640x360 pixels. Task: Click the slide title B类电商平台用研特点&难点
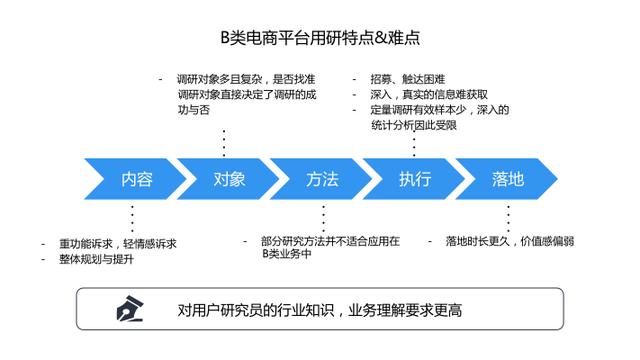click(320, 38)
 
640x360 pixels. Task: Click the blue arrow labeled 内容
click(135, 179)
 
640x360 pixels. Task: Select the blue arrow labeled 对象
click(228, 179)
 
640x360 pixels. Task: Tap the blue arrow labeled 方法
click(321, 179)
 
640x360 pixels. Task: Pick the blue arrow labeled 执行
click(413, 179)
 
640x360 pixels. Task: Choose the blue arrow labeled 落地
click(506, 179)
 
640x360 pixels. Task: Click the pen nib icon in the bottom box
click(130, 309)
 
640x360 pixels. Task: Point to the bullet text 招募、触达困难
click(407, 79)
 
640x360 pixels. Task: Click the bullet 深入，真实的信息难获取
click(429, 94)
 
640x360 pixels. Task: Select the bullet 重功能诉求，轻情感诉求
click(118, 244)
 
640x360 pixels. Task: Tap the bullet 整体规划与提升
click(96, 259)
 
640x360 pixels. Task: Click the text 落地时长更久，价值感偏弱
click(510, 241)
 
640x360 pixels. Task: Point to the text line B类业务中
click(287, 254)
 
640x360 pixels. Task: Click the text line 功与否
click(193, 110)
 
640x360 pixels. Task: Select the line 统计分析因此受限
click(413, 125)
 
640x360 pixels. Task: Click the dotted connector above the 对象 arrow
click(224, 143)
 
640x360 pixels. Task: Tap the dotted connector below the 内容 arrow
click(132, 219)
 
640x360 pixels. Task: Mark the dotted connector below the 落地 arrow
click(508, 219)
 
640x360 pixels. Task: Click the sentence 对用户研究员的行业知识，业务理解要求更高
click(320, 310)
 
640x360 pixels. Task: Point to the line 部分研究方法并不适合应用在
click(330, 241)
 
